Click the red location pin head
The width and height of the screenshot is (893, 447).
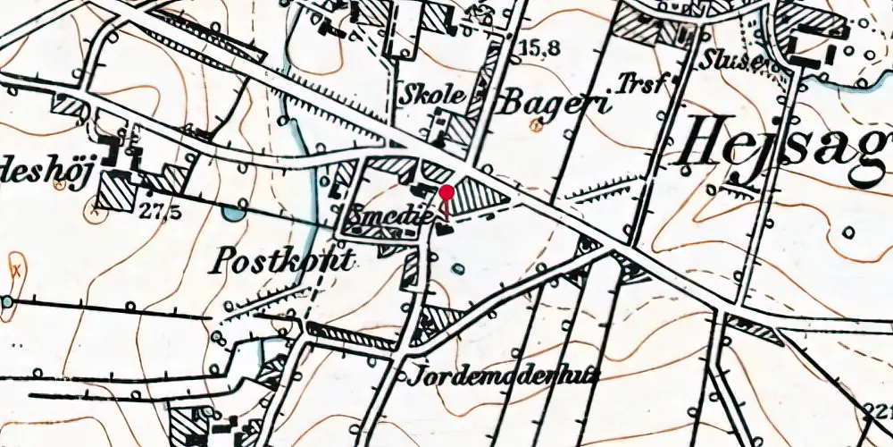click(x=446, y=192)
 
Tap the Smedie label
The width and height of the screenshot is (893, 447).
click(x=386, y=216)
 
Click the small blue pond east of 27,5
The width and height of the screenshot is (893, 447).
click(x=232, y=213)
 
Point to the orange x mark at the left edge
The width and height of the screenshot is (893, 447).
click(x=15, y=267)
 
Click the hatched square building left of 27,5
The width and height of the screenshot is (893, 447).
click(x=115, y=189)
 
